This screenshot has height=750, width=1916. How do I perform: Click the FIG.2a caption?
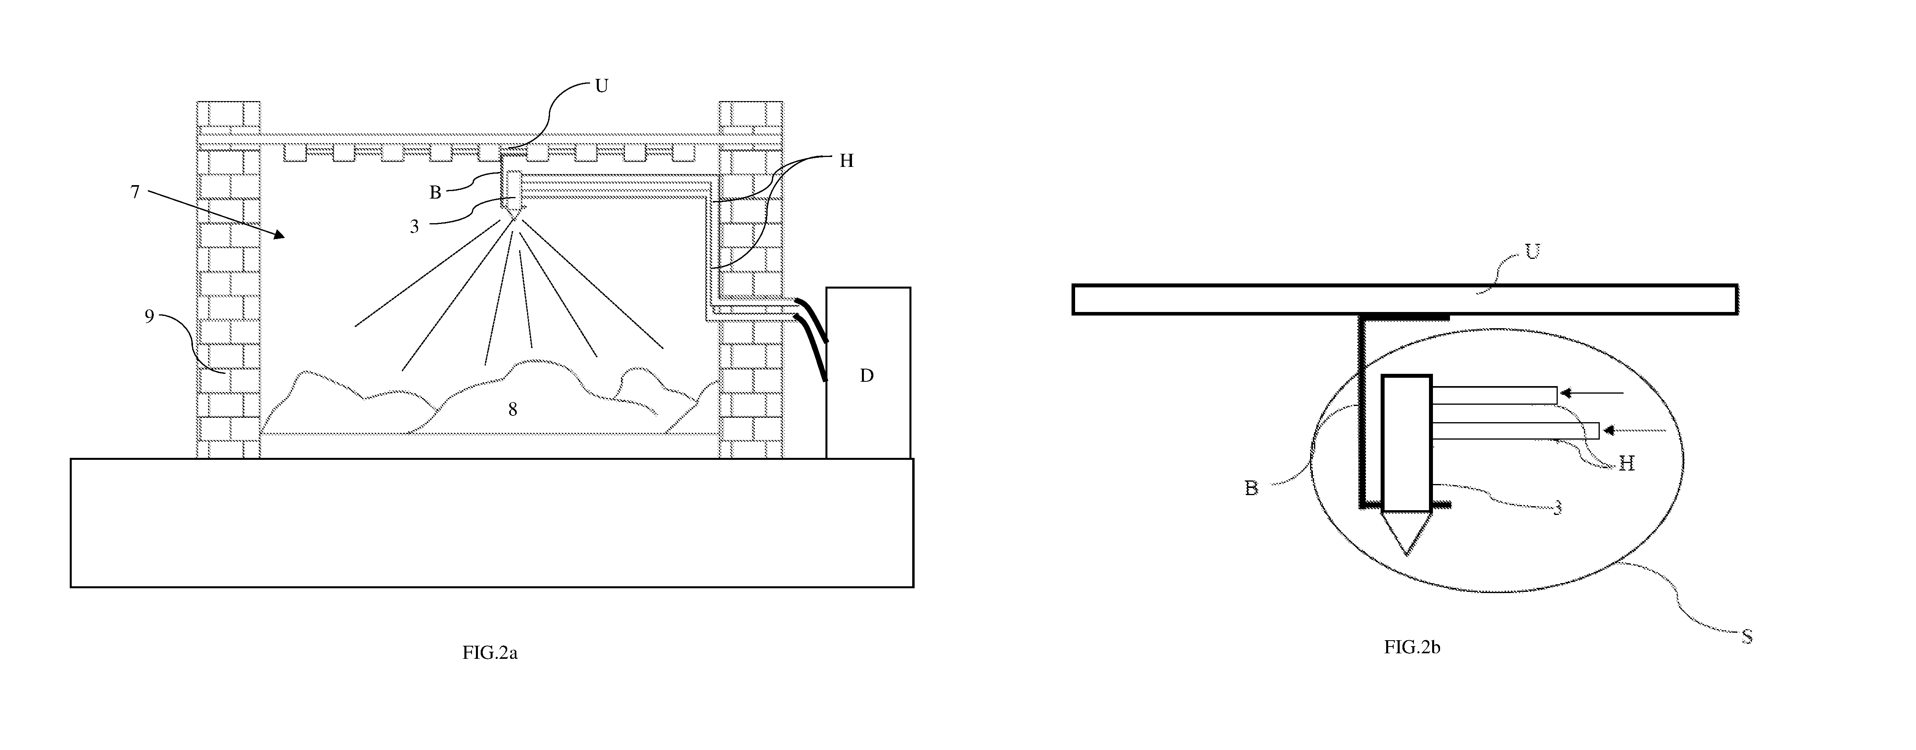[489, 653]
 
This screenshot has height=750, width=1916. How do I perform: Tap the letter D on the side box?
[867, 376]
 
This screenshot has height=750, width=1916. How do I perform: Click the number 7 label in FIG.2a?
[135, 192]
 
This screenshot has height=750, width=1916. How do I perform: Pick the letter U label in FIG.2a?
[602, 86]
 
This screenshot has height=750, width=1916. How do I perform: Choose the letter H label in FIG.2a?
[846, 161]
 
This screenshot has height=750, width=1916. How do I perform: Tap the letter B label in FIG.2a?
[435, 193]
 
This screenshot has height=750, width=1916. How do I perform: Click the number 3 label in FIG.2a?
[414, 227]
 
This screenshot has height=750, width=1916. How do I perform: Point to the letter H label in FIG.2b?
[1627, 463]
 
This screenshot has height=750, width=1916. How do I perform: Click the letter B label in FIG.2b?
[1252, 488]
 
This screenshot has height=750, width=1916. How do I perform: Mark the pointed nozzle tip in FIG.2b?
[1406, 554]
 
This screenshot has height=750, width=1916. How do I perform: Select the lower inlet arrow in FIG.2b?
[1634, 430]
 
